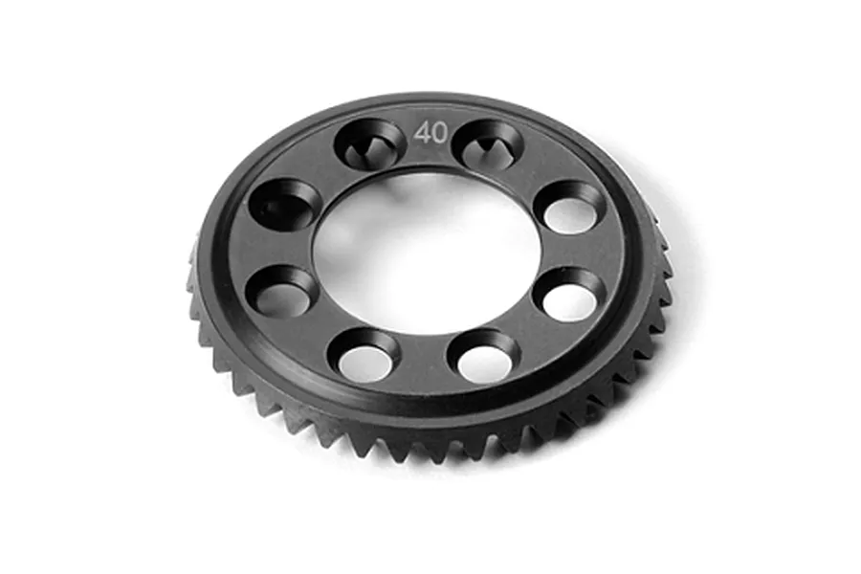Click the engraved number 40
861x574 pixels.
pyautogui.click(x=430, y=134)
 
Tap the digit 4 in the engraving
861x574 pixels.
pyautogui.click(x=422, y=134)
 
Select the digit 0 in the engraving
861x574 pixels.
pyautogui.click(x=438, y=134)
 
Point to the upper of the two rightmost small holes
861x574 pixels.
pyautogui.click(x=573, y=207)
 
